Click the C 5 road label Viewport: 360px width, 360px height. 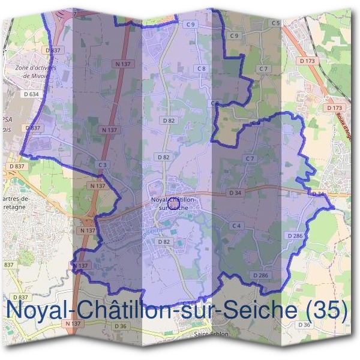tap(275, 23)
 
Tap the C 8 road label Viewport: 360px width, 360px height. tap(202, 69)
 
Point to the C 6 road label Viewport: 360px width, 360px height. tap(214, 104)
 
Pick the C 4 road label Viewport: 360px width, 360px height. tap(237, 226)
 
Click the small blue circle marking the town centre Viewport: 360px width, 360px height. tap(174, 203)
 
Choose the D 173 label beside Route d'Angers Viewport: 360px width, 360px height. tap(335, 107)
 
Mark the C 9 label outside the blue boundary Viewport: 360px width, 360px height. tap(234, 36)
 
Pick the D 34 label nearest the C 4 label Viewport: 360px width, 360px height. tap(234, 193)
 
